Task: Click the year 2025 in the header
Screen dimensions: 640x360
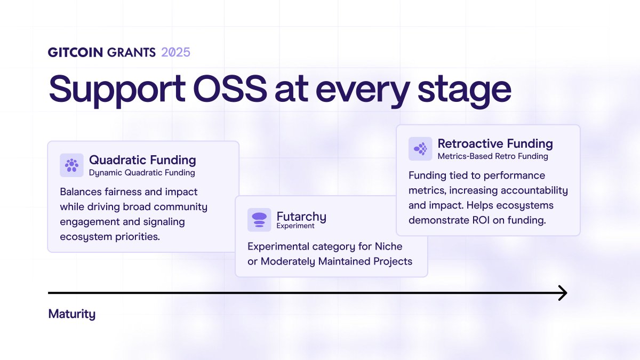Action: [175, 52]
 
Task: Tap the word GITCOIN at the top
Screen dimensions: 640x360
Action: [75, 52]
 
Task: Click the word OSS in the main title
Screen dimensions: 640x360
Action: [230, 89]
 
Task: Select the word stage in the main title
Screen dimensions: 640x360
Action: [465, 91]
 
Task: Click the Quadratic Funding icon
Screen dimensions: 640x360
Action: [71, 165]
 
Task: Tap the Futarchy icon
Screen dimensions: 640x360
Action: [259, 220]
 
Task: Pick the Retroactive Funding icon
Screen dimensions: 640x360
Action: [420, 149]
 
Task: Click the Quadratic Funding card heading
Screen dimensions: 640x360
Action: [142, 160]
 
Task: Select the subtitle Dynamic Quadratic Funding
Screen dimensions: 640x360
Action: [142, 173]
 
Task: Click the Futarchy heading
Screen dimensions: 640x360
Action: [301, 217]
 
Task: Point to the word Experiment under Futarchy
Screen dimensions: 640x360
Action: [295, 226]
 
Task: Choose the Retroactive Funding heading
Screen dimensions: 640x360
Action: [495, 143]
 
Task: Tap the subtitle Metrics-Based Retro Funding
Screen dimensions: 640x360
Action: [493, 156]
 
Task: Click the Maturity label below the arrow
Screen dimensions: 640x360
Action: [71, 314]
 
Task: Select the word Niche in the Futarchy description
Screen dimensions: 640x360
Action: [388, 246]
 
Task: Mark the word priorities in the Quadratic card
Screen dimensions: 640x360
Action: [138, 237]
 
